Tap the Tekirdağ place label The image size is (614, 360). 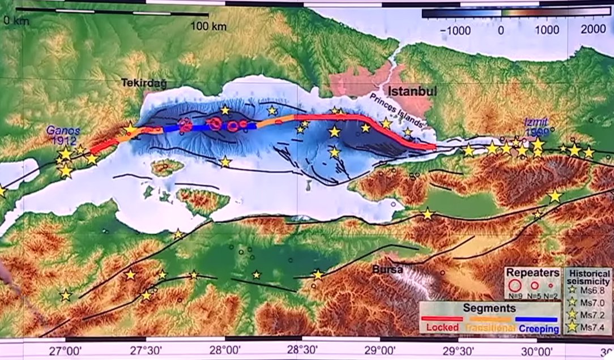pos(144,83)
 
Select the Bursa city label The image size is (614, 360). pos(387,270)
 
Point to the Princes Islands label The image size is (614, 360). pos(397,111)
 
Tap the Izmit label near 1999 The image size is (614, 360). pos(535,121)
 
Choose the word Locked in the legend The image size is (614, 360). pos(442,327)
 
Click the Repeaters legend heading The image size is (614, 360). pos(532,273)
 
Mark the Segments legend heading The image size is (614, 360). pos(489,308)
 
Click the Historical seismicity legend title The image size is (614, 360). pos(589,277)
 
